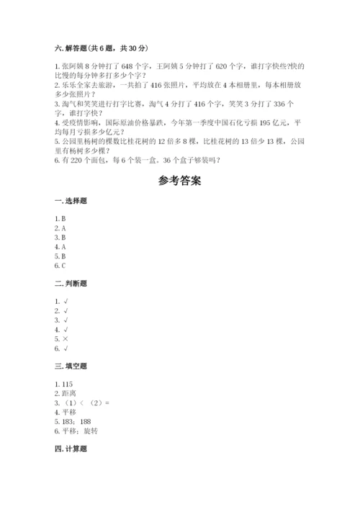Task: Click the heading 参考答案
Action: [x=179, y=181]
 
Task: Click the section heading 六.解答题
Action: [x=70, y=48]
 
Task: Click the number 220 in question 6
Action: [x=75, y=159]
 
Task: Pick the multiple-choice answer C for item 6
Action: [x=63, y=265]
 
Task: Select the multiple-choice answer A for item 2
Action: [x=63, y=228]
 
